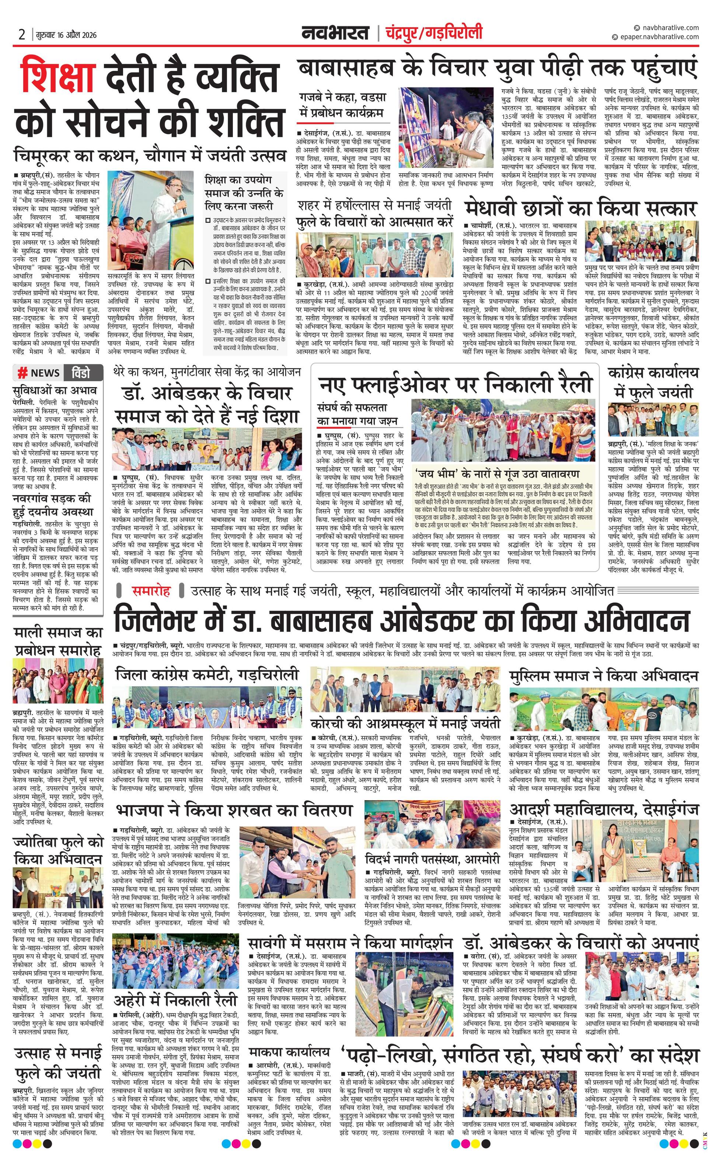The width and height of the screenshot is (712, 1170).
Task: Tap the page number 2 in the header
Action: point(22,35)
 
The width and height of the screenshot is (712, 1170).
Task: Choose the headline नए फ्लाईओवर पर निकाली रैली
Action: point(455,384)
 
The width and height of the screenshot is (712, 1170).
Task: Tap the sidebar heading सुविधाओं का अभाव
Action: point(55,390)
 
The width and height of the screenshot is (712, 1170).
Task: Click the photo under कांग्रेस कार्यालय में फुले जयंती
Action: point(653,419)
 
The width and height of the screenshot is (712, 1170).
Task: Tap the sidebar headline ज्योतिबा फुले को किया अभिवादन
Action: point(58,851)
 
